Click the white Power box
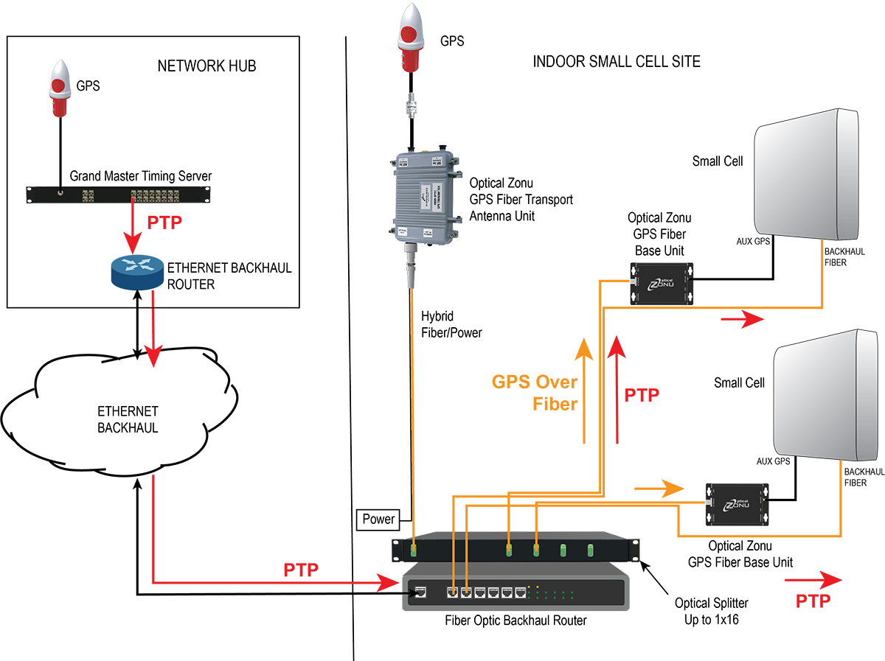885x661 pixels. point(378,519)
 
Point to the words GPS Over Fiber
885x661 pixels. point(535,393)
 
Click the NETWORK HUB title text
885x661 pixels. point(206,66)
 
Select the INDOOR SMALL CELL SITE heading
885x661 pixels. point(617,62)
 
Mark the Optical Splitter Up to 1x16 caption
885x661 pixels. point(712,611)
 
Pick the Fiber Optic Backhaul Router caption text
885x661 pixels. point(516,620)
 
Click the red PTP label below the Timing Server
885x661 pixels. point(164,223)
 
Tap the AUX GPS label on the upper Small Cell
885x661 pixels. point(754,241)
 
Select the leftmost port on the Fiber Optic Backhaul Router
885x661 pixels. point(420,591)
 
